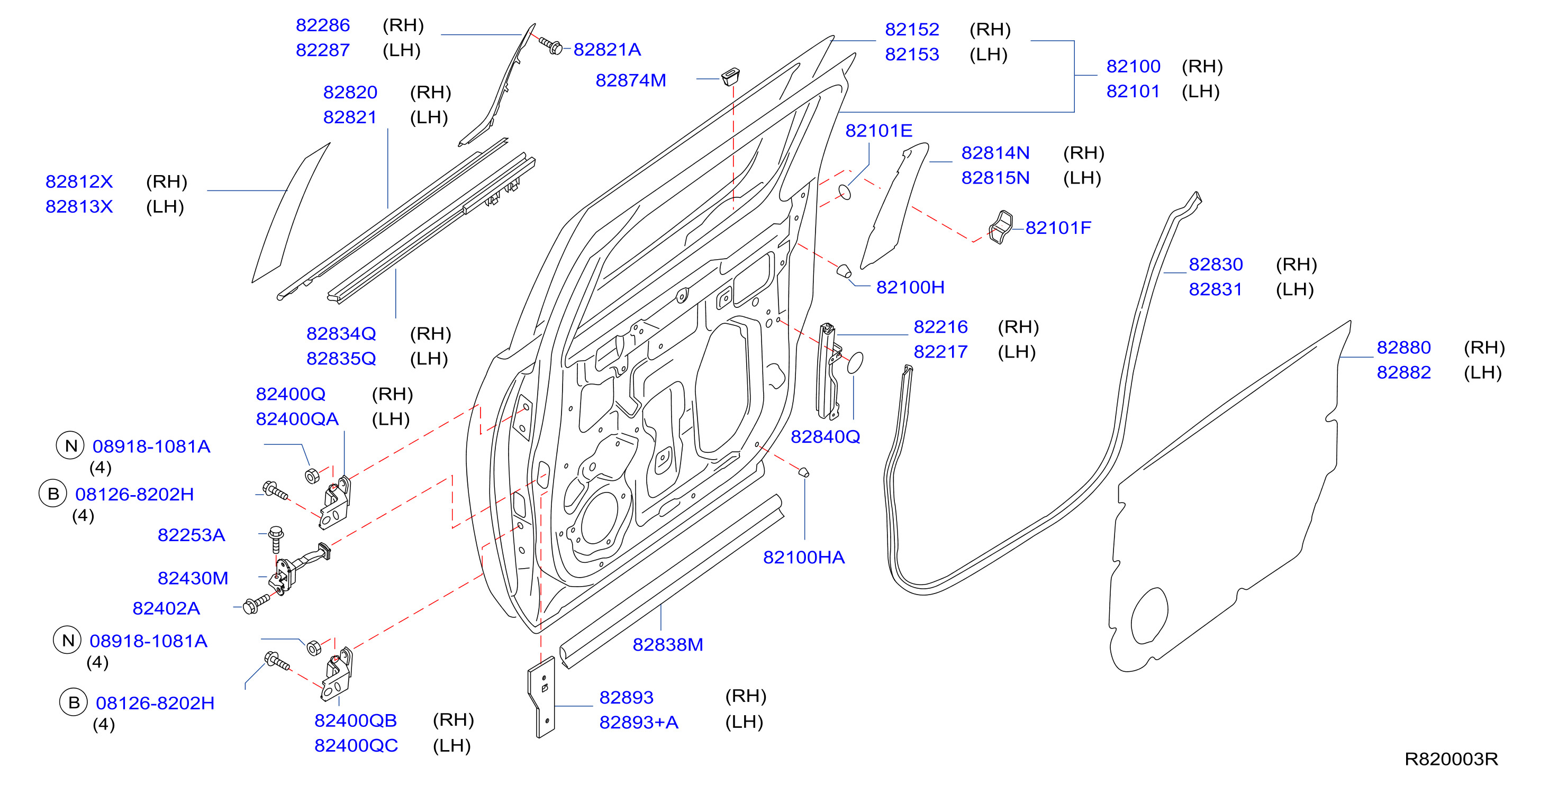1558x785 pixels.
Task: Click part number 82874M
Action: (x=631, y=80)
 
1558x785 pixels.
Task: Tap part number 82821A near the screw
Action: (x=606, y=50)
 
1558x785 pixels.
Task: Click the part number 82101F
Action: (x=1058, y=228)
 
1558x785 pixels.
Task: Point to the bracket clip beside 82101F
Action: (x=1000, y=227)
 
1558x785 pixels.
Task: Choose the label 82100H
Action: (x=910, y=287)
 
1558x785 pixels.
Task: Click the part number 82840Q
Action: (x=826, y=436)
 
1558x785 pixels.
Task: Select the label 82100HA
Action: (x=804, y=557)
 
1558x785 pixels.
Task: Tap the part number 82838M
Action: (x=668, y=645)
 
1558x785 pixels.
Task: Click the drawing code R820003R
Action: (x=1451, y=759)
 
